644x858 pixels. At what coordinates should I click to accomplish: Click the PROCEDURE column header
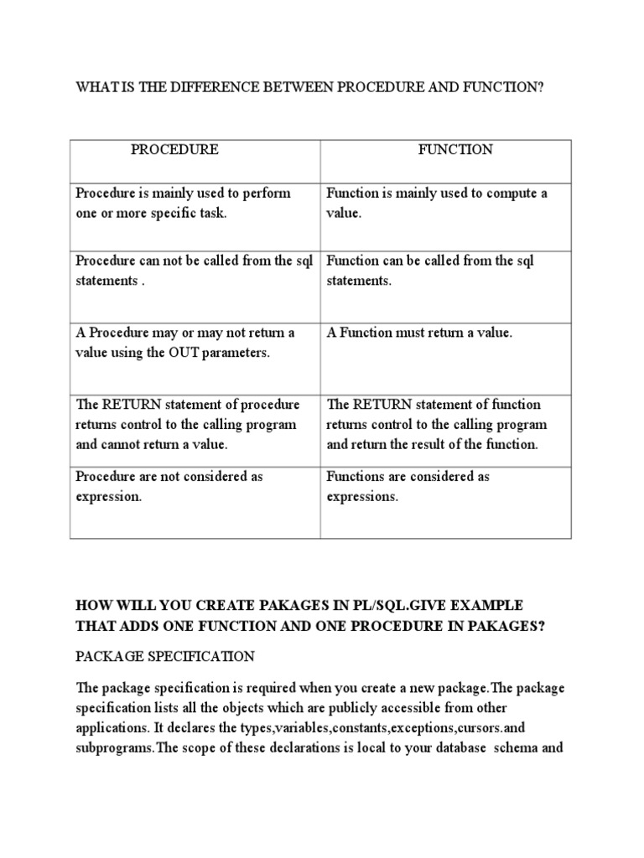[174, 150]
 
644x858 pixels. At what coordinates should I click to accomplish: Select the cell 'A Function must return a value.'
[418, 333]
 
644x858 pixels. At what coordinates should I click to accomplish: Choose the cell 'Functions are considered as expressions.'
[408, 486]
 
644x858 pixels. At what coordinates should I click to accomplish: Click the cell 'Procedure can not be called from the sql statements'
[194, 271]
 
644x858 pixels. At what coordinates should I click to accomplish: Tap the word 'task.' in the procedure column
[210, 214]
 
